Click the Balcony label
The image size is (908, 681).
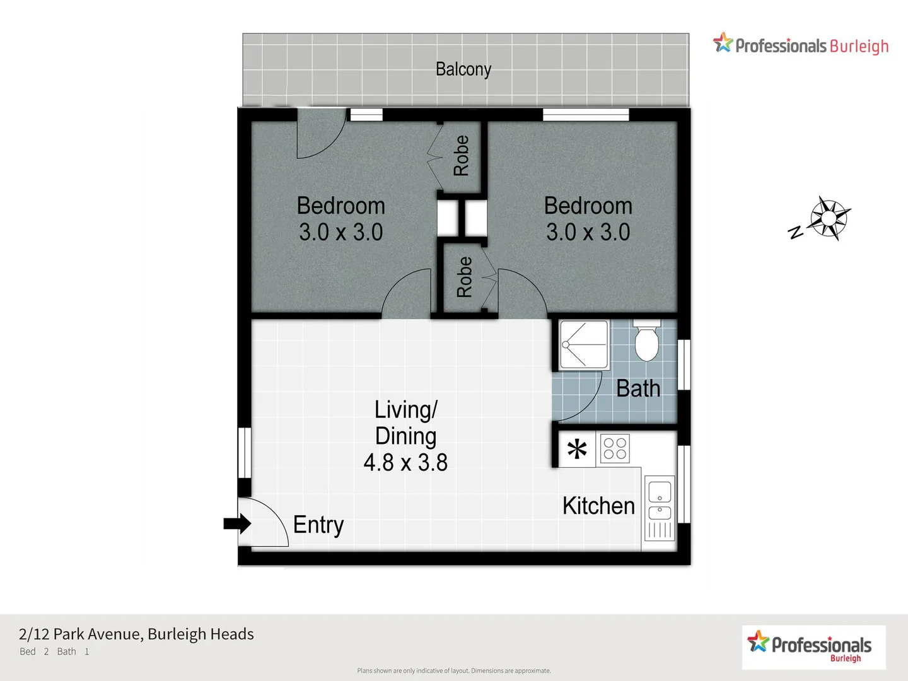463,69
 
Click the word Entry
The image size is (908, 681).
318,525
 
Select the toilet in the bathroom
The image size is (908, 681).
646,341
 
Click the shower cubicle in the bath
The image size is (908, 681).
584,345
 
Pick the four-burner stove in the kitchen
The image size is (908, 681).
615,449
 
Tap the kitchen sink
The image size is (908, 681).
660,501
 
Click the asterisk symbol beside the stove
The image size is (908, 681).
577,450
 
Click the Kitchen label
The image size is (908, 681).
598,506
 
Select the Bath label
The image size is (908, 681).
638,388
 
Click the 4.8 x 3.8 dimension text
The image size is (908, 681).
405,463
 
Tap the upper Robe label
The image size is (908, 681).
462,155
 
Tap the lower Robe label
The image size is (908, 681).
464,277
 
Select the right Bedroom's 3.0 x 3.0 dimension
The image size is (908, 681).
588,232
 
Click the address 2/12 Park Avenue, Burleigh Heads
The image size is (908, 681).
136,634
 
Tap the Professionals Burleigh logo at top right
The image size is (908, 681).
801,45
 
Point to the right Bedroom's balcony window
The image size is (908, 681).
586,115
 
